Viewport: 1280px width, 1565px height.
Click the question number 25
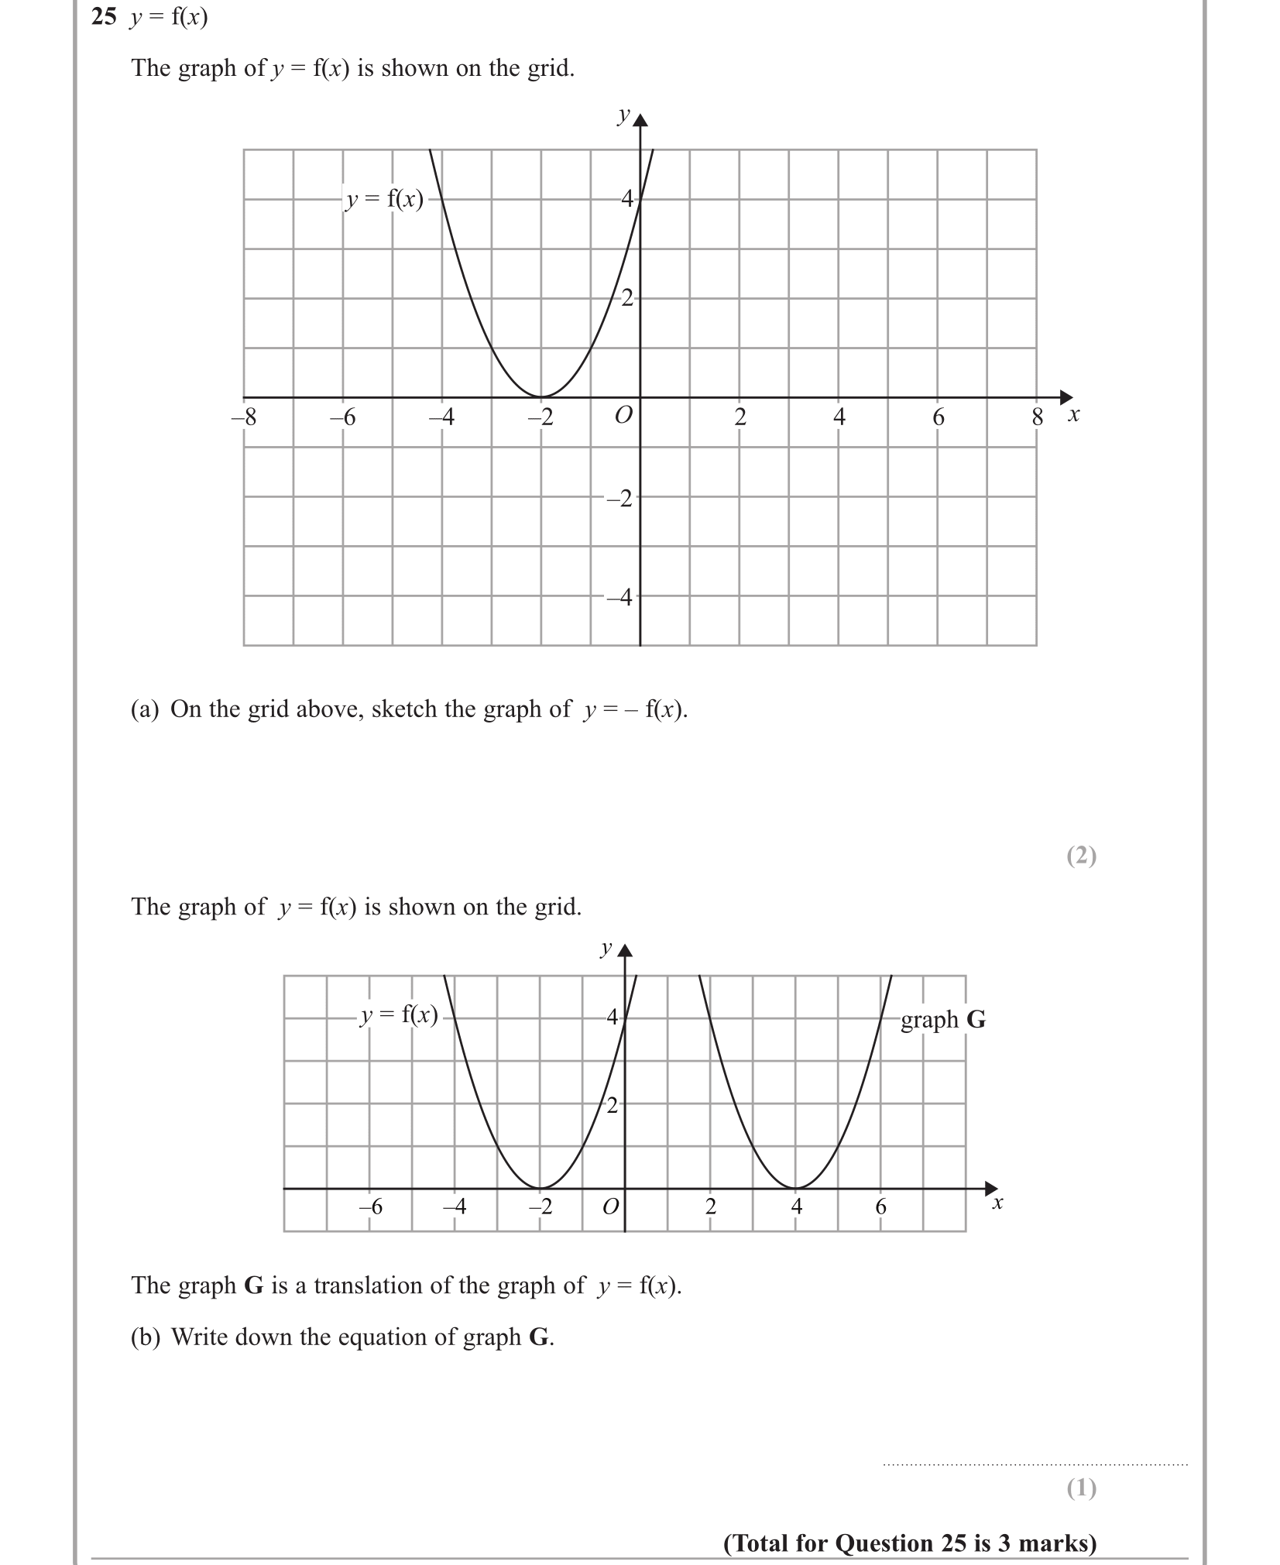(x=104, y=17)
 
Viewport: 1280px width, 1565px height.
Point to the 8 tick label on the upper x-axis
(x=1038, y=418)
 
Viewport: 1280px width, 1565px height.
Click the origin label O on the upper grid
(x=623, y=416)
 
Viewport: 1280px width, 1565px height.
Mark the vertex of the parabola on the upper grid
(x=541, y=396)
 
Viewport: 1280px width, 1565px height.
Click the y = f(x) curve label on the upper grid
(x=385, y=200)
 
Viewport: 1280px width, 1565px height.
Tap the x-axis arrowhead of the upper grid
(x=1067, y=397)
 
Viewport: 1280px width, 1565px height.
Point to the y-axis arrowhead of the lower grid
(x=625, y=951)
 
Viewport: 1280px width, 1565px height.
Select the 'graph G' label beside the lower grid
(x=942, y=1020)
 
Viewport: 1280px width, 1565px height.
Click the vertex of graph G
(x=796, y=1188)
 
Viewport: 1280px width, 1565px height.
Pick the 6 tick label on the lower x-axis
(x=880, y=1206)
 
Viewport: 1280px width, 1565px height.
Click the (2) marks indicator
(x=1081, y=856)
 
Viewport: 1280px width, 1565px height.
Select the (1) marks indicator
(x=1081, y=1488)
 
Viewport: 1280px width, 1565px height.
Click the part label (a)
(x=144, y=709)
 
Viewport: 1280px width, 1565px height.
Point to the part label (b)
(x=145, y=1337)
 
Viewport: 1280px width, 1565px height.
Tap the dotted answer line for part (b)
(x=1035, y=1464)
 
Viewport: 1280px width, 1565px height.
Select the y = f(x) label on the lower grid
(x=400, y=1015)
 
